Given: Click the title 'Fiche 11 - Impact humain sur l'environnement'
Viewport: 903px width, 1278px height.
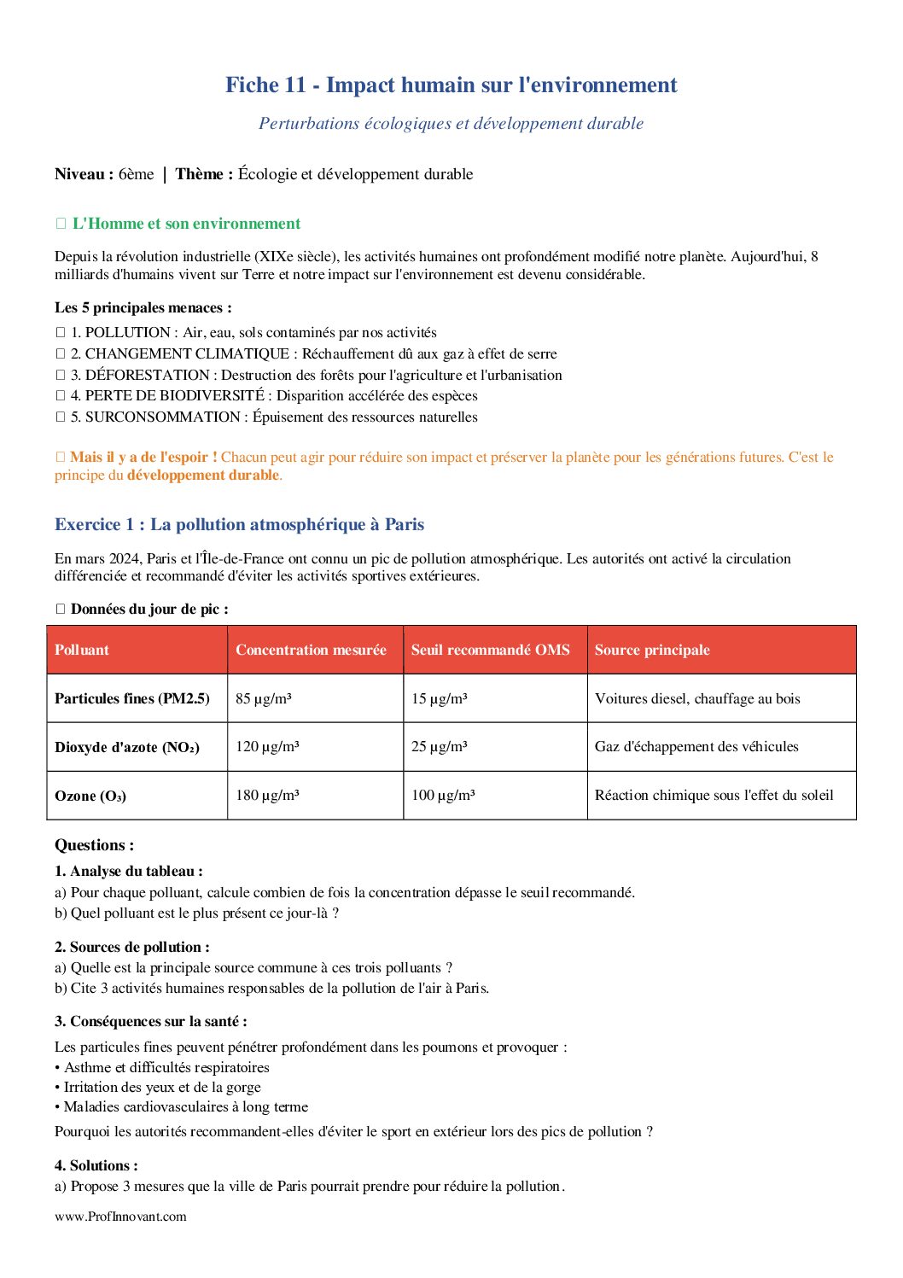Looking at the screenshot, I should click(x=451, y=85).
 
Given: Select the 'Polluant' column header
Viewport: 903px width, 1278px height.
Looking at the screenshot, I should click(x=82, y=650).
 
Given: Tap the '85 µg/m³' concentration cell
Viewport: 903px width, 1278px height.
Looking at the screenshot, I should click(x=264, y=698).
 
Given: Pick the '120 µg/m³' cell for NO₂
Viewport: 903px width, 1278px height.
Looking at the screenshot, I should click(x=267, y=747).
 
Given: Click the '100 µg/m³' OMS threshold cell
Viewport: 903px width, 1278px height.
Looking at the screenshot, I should click(x=443, y=796).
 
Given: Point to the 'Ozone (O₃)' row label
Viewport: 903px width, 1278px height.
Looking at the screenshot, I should click(x=90, y=796).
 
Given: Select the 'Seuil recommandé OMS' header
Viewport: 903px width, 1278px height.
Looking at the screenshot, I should click(x=490, y=650).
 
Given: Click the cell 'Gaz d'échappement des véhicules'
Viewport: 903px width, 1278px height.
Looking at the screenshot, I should click(x=696, y=747).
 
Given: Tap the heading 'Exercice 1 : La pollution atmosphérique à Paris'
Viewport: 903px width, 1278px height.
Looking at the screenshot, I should click(x=239, y=524).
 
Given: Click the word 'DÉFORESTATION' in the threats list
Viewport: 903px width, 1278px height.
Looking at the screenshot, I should click(x=147, y=375).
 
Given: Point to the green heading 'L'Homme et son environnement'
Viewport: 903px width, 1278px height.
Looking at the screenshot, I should click(x=186, y=224).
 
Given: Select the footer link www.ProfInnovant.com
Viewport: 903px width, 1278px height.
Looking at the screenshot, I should click(x=120, y=1217).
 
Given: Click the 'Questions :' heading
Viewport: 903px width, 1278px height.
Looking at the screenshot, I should click(x=94, y=845).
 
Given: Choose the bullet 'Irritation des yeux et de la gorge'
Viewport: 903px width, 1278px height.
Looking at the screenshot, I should click(x=162, y=1087).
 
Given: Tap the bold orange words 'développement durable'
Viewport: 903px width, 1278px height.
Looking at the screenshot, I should click(x=203, y=475).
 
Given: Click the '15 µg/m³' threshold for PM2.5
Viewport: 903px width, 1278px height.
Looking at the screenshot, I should click(x=439, y=698).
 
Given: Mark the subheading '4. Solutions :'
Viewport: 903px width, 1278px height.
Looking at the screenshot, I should click(x=96, y=1165).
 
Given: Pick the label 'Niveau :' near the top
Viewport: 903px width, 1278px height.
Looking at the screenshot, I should click(x=84, y=174).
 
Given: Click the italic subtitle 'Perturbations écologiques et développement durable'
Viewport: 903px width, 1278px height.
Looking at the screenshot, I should click(x=451, y=124).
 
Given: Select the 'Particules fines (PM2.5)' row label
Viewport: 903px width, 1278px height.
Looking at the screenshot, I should click(x=132, y=698).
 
